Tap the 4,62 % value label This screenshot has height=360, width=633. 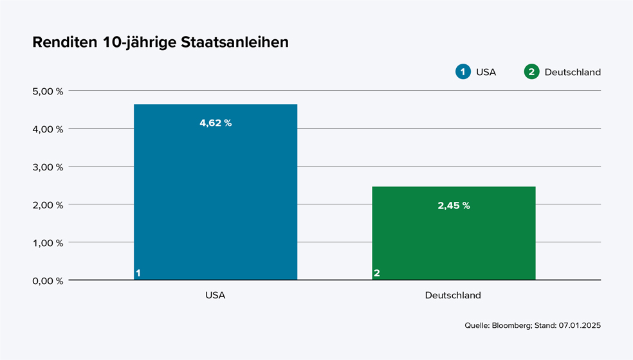click(x=216, y=123)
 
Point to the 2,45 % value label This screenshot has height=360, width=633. click(x=454, y=206)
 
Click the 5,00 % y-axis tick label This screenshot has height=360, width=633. click(x=48, y=91)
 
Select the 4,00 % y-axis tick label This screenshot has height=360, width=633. click(x=48, y=129)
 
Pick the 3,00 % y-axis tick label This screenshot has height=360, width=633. click(x=48, y=166)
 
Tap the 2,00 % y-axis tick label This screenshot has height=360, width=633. click(x=48, y=204)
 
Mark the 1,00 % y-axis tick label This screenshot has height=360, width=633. click(x=48, y=242)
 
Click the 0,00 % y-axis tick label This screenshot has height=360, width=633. click(x=48, y=280)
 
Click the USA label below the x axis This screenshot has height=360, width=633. click(x=216, y=296)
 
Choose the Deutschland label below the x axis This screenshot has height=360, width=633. click(x=453, y=296)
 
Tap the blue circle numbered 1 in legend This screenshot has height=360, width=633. click(x=463, y=72)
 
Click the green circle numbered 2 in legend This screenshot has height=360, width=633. click(x=531, y=72)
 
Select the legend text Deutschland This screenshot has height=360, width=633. click(x=573, y=72)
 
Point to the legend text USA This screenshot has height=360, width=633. click(x=486, y=72)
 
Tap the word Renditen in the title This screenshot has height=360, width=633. click(x=66, y=42)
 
